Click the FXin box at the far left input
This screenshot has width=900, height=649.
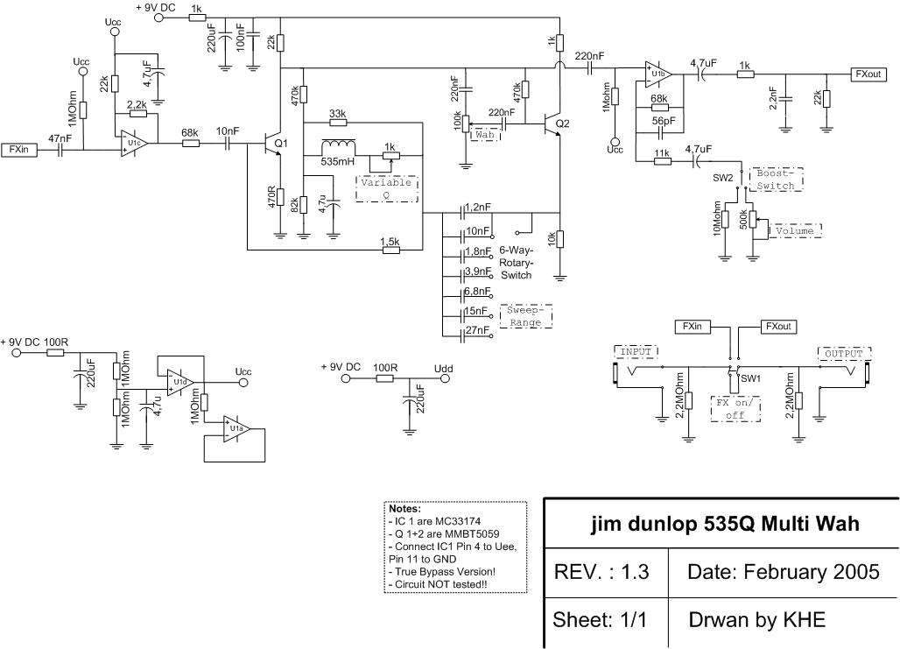19,150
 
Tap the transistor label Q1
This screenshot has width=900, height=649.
281,143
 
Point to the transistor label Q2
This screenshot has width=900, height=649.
561,123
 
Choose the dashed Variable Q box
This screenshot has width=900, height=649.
386,189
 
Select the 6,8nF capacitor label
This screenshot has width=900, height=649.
477,290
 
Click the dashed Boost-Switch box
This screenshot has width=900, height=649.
775,180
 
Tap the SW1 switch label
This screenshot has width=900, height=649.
749,377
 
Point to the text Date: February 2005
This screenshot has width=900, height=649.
784,572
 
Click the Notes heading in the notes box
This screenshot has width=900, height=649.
404,508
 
